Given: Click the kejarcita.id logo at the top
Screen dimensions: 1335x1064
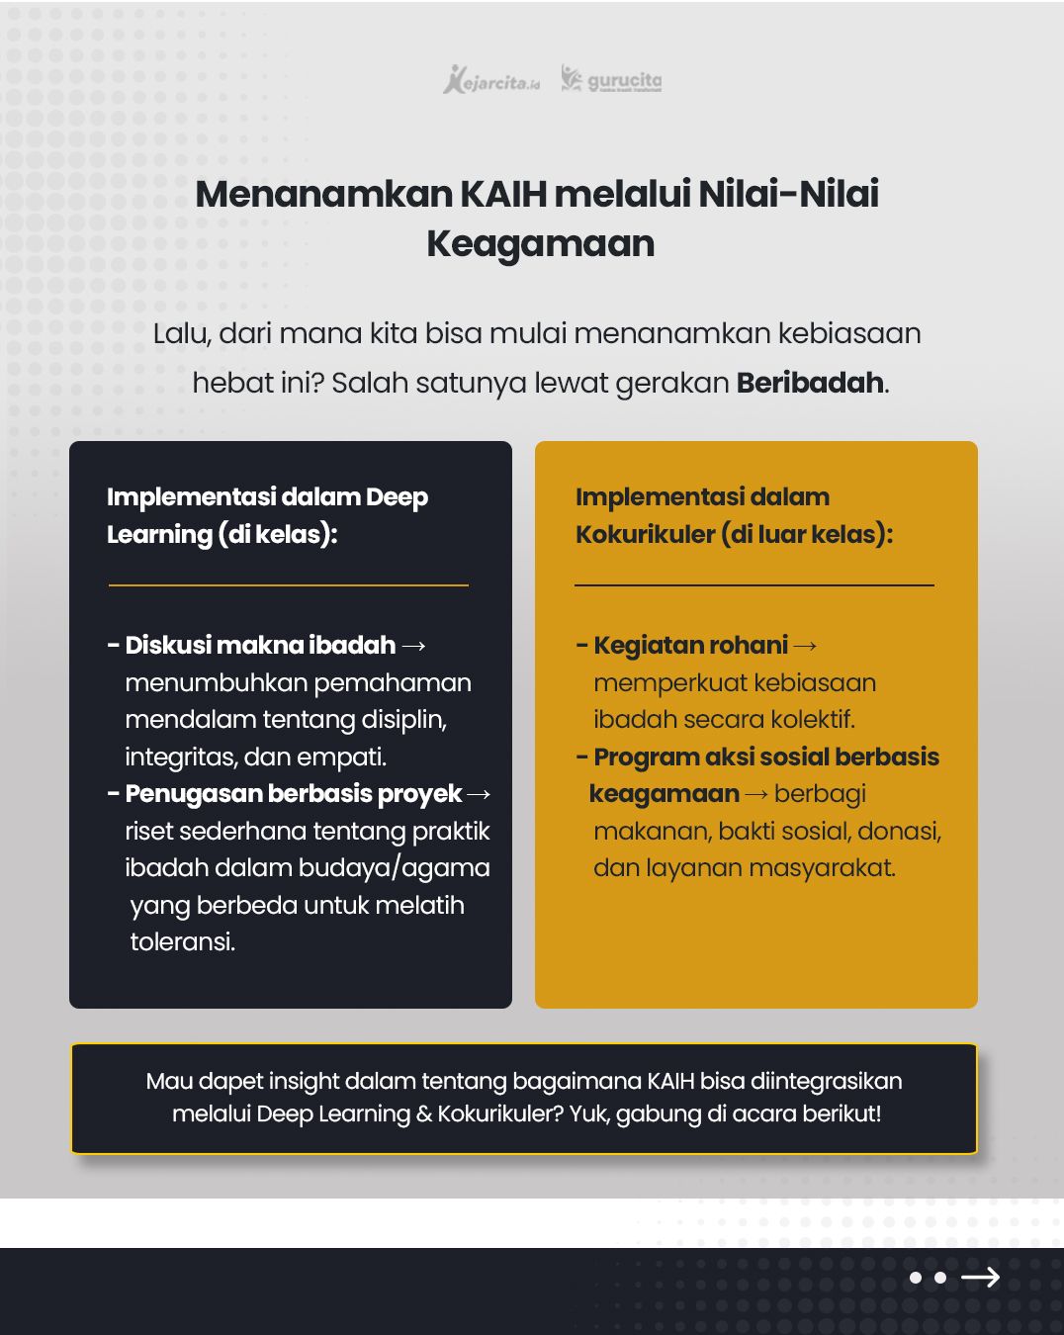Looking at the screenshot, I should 491,80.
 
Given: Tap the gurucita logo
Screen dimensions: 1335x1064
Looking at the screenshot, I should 611,79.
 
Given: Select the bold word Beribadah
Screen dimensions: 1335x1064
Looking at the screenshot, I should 810,383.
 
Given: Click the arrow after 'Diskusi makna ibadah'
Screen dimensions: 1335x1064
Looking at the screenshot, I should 414,646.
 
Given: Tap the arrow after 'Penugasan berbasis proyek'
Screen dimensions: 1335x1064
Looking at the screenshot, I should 479,794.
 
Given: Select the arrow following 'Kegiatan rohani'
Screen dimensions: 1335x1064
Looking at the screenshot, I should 806,646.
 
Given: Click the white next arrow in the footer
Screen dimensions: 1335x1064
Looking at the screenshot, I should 980,1278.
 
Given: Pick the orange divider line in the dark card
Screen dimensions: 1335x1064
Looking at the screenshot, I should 288,585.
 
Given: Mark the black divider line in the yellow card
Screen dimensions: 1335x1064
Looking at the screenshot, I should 754,585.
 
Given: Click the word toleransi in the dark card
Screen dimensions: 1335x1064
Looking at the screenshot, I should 182,941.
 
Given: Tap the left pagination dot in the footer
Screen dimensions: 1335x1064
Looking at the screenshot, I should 916,1278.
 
